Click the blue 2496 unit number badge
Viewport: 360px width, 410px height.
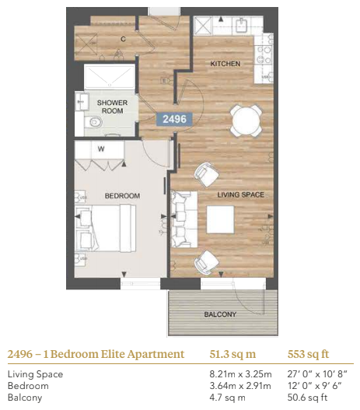point(174,119)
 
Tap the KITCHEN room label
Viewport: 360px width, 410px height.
point(225,64)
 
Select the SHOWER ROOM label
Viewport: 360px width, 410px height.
point(112,107)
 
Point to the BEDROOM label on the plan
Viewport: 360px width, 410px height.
point(122,196)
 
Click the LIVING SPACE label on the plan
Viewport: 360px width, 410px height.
point(240,194)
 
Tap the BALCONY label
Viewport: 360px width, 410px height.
point(220,314)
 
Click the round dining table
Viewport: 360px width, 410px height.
point(246,121)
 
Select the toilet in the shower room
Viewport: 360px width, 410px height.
point(93,122)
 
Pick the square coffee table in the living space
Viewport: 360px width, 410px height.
point(220,219)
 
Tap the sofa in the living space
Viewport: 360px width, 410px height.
point(184,219)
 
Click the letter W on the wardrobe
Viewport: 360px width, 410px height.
point(101,149)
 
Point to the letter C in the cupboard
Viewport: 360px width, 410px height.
point(123,39)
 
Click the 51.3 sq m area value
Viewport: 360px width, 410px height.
point(232,354)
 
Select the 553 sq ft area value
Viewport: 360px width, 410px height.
point(308,354)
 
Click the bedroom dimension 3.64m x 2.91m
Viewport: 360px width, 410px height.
point(240,386)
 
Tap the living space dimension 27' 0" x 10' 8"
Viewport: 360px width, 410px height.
point(317,374)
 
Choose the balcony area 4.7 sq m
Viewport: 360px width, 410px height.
point(227,398)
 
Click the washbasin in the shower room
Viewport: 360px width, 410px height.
point(82,101)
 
